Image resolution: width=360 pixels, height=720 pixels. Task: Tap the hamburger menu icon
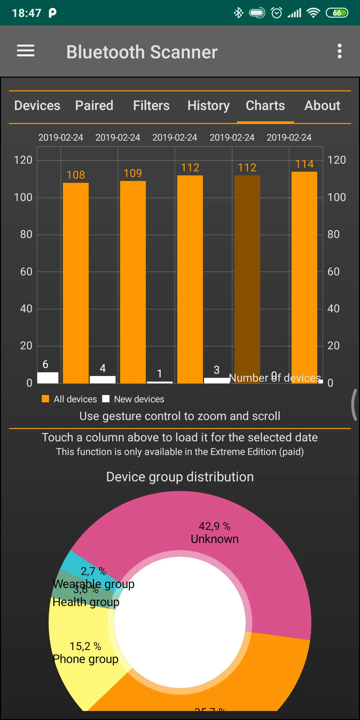coord(26,51)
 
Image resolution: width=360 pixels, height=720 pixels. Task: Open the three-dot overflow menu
coord(339,51)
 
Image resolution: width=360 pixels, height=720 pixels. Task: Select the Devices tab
coord(37,106)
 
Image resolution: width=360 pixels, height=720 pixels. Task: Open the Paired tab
coord(94,106)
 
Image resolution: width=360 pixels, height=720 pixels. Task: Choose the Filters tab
coord(151,106)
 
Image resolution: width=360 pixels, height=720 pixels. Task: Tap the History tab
coord(208,106)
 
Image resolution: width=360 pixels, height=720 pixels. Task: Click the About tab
coord(322,106)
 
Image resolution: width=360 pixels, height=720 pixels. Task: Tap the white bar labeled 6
coord(48,378)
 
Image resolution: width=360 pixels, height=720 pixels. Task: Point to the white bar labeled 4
coord(103,380)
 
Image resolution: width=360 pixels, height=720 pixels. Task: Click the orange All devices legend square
coord(45,399)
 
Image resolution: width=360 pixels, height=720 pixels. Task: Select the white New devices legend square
coord(106,399)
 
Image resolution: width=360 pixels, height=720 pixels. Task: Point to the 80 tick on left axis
coord(26,234)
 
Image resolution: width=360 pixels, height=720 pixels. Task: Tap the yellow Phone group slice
coord(83,653)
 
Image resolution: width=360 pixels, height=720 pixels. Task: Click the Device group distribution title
coord(180,477)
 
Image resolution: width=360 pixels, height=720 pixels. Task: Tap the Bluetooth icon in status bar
coord(238,13)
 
